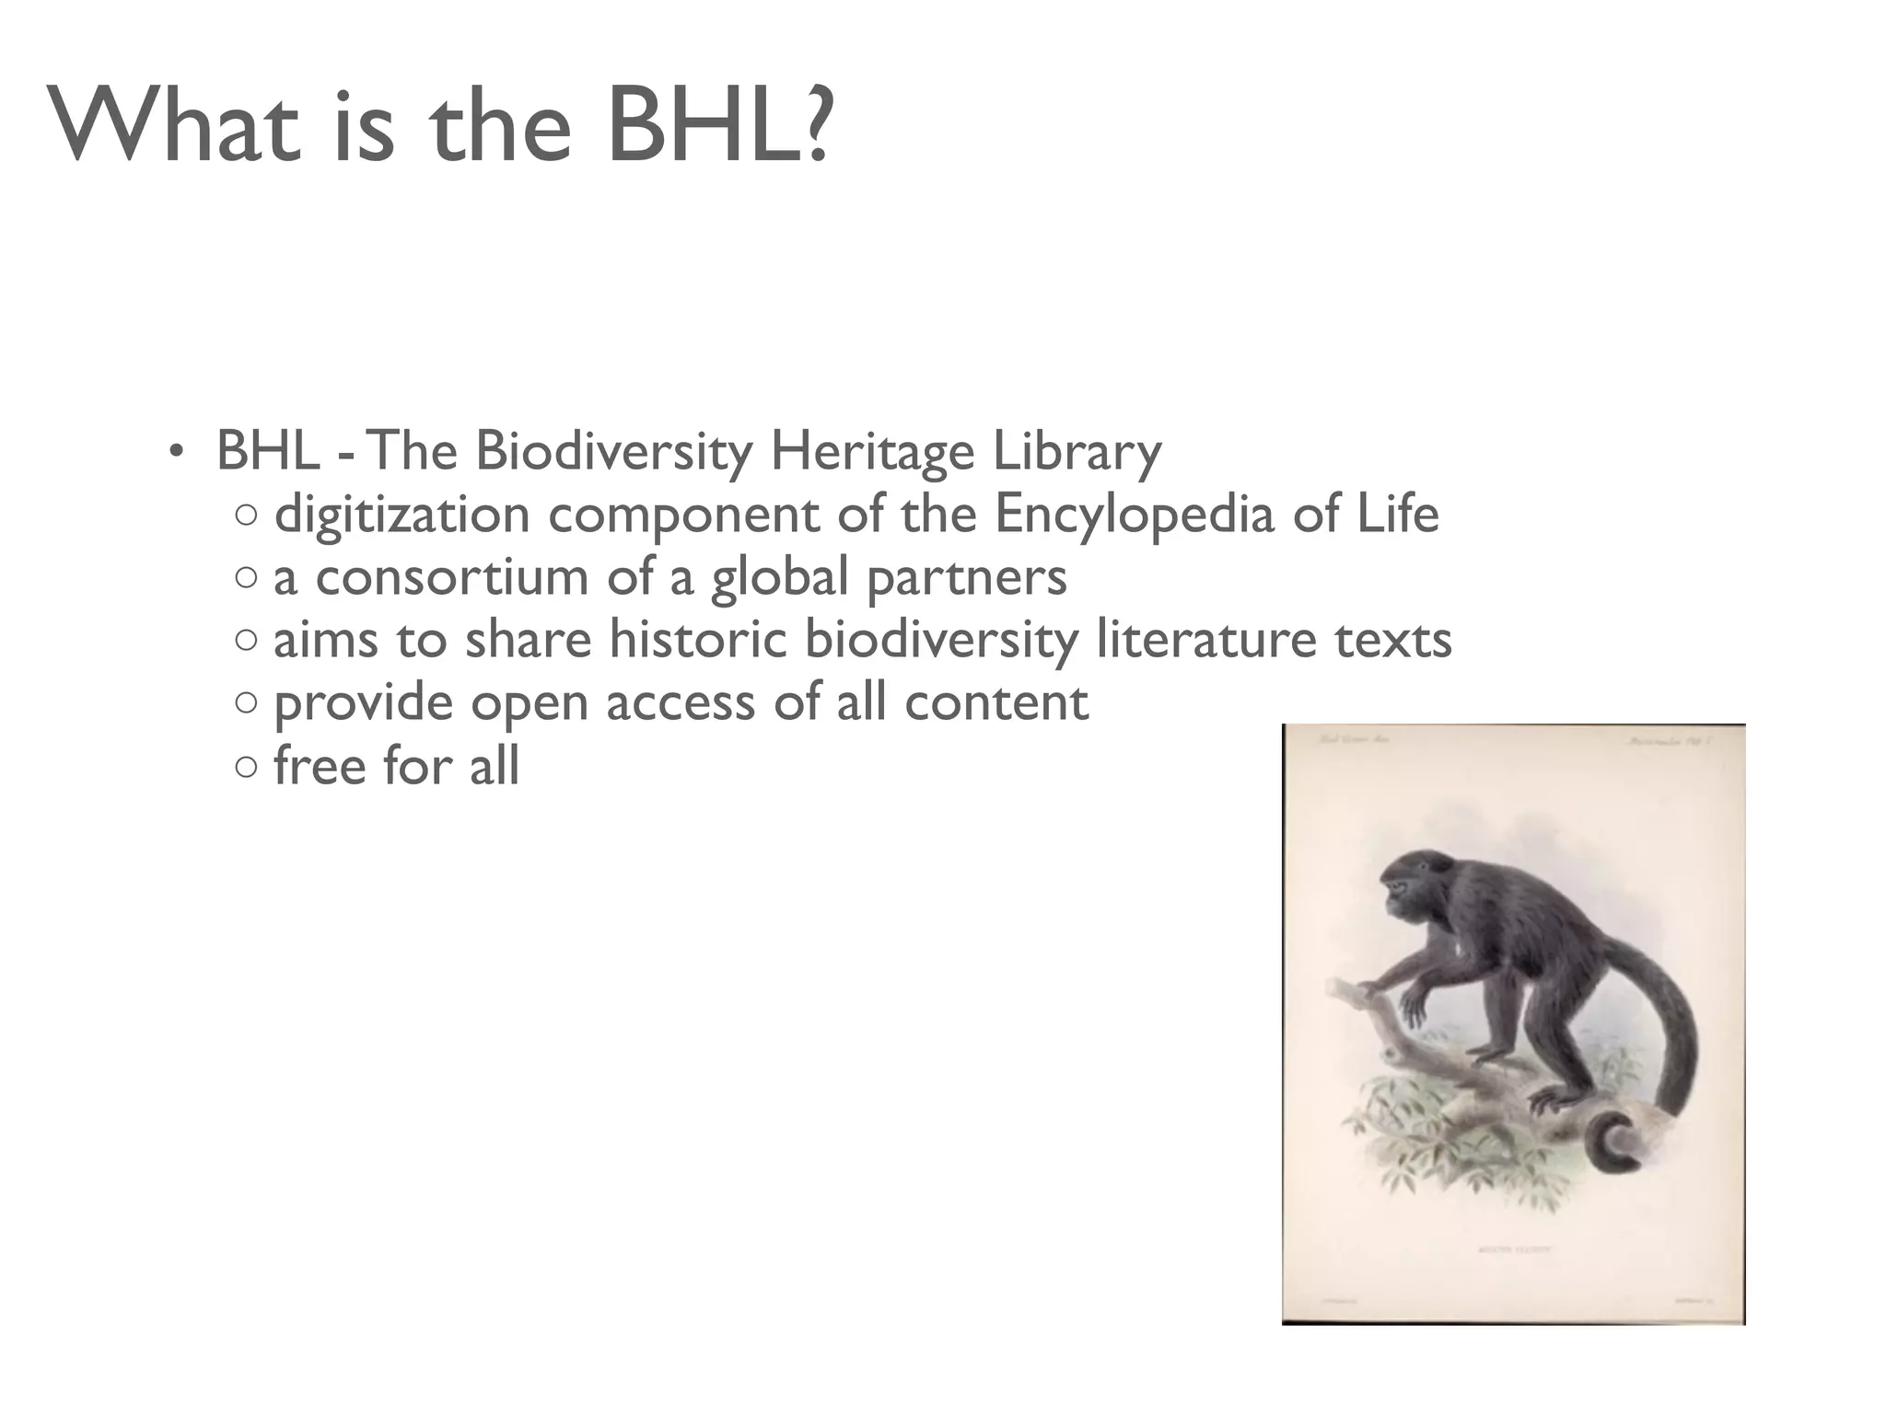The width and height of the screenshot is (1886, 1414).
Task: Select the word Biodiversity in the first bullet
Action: (613, 453)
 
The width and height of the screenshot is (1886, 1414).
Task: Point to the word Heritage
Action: (871, 453)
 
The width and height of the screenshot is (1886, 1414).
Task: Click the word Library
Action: (1076, 453)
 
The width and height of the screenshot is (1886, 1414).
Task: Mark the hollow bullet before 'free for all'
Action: (246, 768)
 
